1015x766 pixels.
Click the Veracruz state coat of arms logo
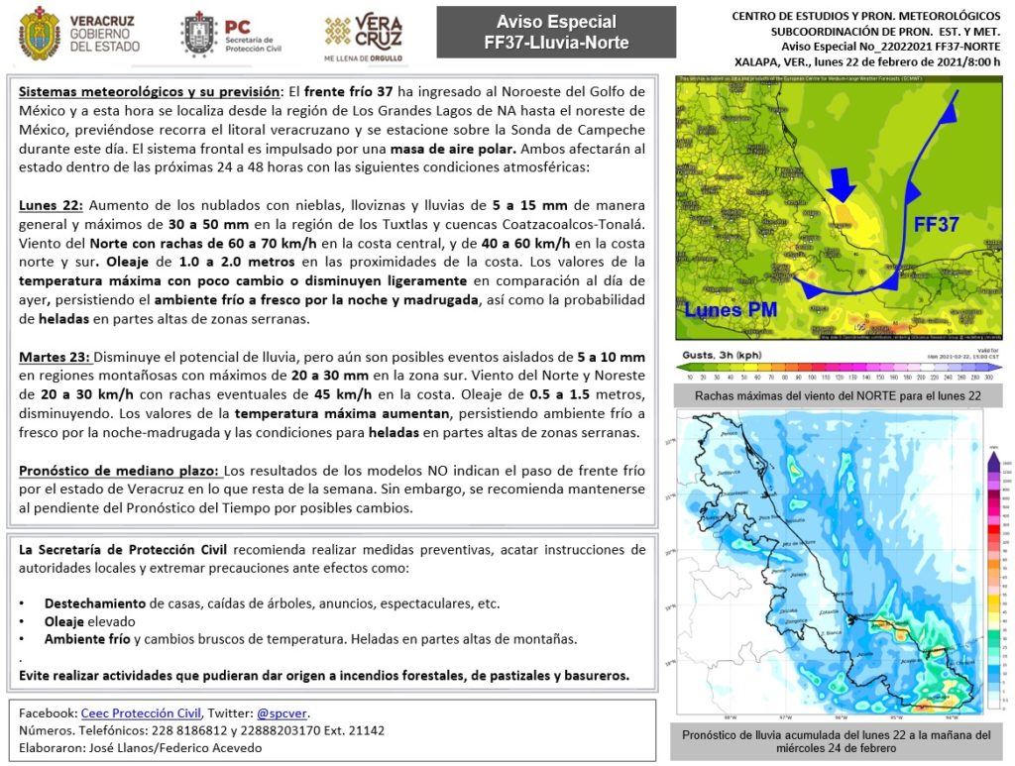pyautogui.click(x=40, y=33)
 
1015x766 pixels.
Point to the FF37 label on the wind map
pyautogui.click(x=936, y=224)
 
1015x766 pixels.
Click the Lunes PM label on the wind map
pyautogui.click(x=731, y=309)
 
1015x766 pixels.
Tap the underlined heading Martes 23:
pyautogui.click(x=56, y=357)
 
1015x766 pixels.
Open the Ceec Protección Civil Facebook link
pyautogui.click(x=142, y=712)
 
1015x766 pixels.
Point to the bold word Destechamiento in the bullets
pyautogui.click(x=96, y=603)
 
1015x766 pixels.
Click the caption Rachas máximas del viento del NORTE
pyautogui.click(x=838, y=395)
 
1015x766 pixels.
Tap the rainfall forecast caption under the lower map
pyautogui.click(x=838, y=742)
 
